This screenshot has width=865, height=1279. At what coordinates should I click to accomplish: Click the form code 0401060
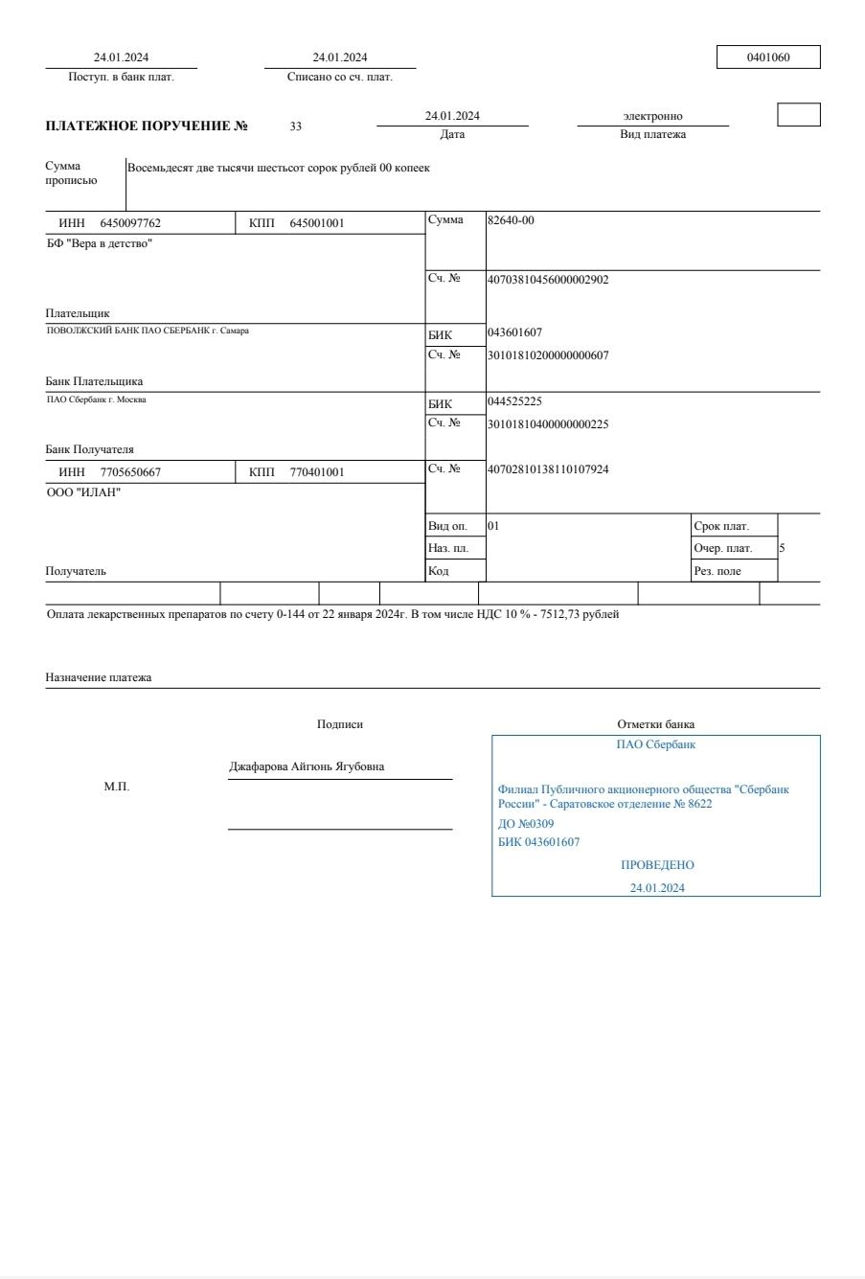[x=768, y=57]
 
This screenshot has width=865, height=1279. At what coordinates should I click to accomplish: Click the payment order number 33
[x=296, y=126]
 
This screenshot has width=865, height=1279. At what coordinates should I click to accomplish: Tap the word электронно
[x=652, y=117]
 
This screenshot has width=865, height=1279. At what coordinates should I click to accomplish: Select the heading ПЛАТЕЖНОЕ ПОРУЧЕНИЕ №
[x=147, y=126]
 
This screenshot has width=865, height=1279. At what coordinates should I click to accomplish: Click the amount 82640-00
[x=511, y=220]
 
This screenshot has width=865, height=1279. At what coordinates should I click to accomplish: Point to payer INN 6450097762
[x=130, y=223]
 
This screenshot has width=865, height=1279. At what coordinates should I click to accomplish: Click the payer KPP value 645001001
[x=316, y=223]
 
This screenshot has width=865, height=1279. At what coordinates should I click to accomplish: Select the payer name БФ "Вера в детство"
[x=99, y=243]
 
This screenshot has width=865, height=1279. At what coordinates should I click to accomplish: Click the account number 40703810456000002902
[x=548, y=280]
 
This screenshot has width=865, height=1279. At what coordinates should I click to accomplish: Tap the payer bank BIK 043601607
[x=514, y=332]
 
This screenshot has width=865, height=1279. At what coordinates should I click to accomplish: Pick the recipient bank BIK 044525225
[x=514, y=401]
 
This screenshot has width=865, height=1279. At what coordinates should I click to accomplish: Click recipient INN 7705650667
[x=130, y=472]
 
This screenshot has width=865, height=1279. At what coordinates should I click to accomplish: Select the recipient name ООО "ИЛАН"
[x=83, y=492]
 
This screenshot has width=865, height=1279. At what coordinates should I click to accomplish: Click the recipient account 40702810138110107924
[x=548, y=469]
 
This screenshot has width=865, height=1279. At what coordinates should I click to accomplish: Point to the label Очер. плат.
[x=723, y=549]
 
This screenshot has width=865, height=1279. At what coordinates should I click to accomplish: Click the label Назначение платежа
[x=99, y=677]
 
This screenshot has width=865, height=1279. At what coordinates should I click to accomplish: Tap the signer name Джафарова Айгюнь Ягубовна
[x=307, y=767]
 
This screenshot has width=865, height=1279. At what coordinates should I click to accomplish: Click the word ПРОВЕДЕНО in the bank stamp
[x=657, y=865]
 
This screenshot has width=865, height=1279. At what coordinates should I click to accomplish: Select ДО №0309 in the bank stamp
[x=526, y=824]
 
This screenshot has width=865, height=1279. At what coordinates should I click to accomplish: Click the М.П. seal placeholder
[x=116, y=787]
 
